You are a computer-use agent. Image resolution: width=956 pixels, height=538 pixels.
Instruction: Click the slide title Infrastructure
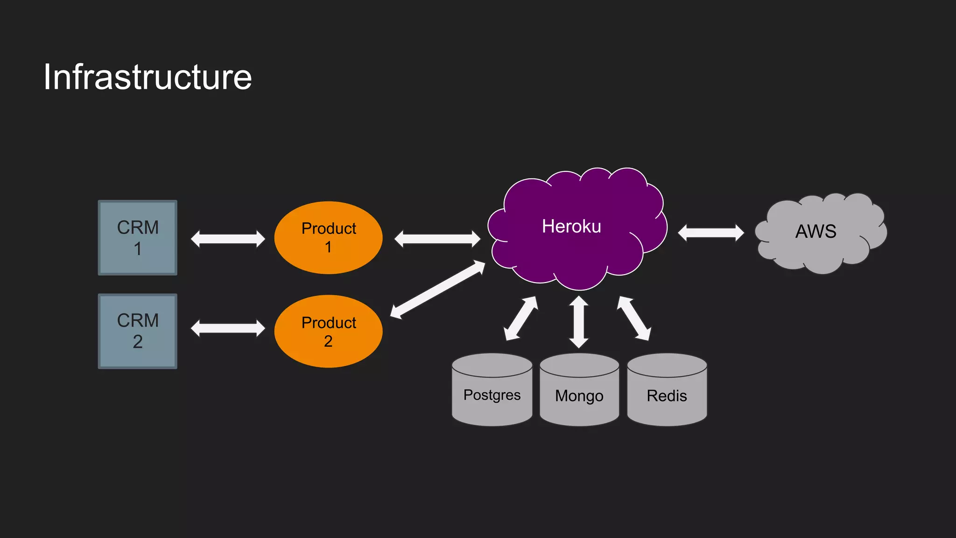coord(148,77)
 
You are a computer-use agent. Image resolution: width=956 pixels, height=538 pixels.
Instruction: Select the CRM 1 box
coord(138,238)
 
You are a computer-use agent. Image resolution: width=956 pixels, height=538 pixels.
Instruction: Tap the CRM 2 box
coord(138,331)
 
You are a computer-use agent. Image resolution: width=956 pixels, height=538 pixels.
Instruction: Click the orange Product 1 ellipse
coord(328,238)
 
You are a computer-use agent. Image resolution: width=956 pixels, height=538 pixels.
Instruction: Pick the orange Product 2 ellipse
coord(328,331)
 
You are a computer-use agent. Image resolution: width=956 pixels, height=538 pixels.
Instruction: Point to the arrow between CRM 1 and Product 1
coord(228,239)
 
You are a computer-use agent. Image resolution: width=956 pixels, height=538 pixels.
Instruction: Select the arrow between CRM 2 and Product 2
coord(228,328)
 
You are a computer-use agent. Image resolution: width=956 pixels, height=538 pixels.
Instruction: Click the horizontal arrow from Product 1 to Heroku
coord(437,239)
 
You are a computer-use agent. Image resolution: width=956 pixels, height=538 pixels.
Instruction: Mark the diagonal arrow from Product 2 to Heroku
coord(437,290)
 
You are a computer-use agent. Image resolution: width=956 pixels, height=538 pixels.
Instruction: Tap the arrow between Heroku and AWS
coord(711,233)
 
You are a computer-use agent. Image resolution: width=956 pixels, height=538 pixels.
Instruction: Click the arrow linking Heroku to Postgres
coord(520,319)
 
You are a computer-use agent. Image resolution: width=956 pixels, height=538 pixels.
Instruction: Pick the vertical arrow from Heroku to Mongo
coord(579,322)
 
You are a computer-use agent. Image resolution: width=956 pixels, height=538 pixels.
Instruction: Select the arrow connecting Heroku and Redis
coord(634,319)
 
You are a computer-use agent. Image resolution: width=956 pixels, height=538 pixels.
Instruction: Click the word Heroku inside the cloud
coord(571,227)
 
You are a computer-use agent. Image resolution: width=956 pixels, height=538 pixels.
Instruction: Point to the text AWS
coord(816,231)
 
